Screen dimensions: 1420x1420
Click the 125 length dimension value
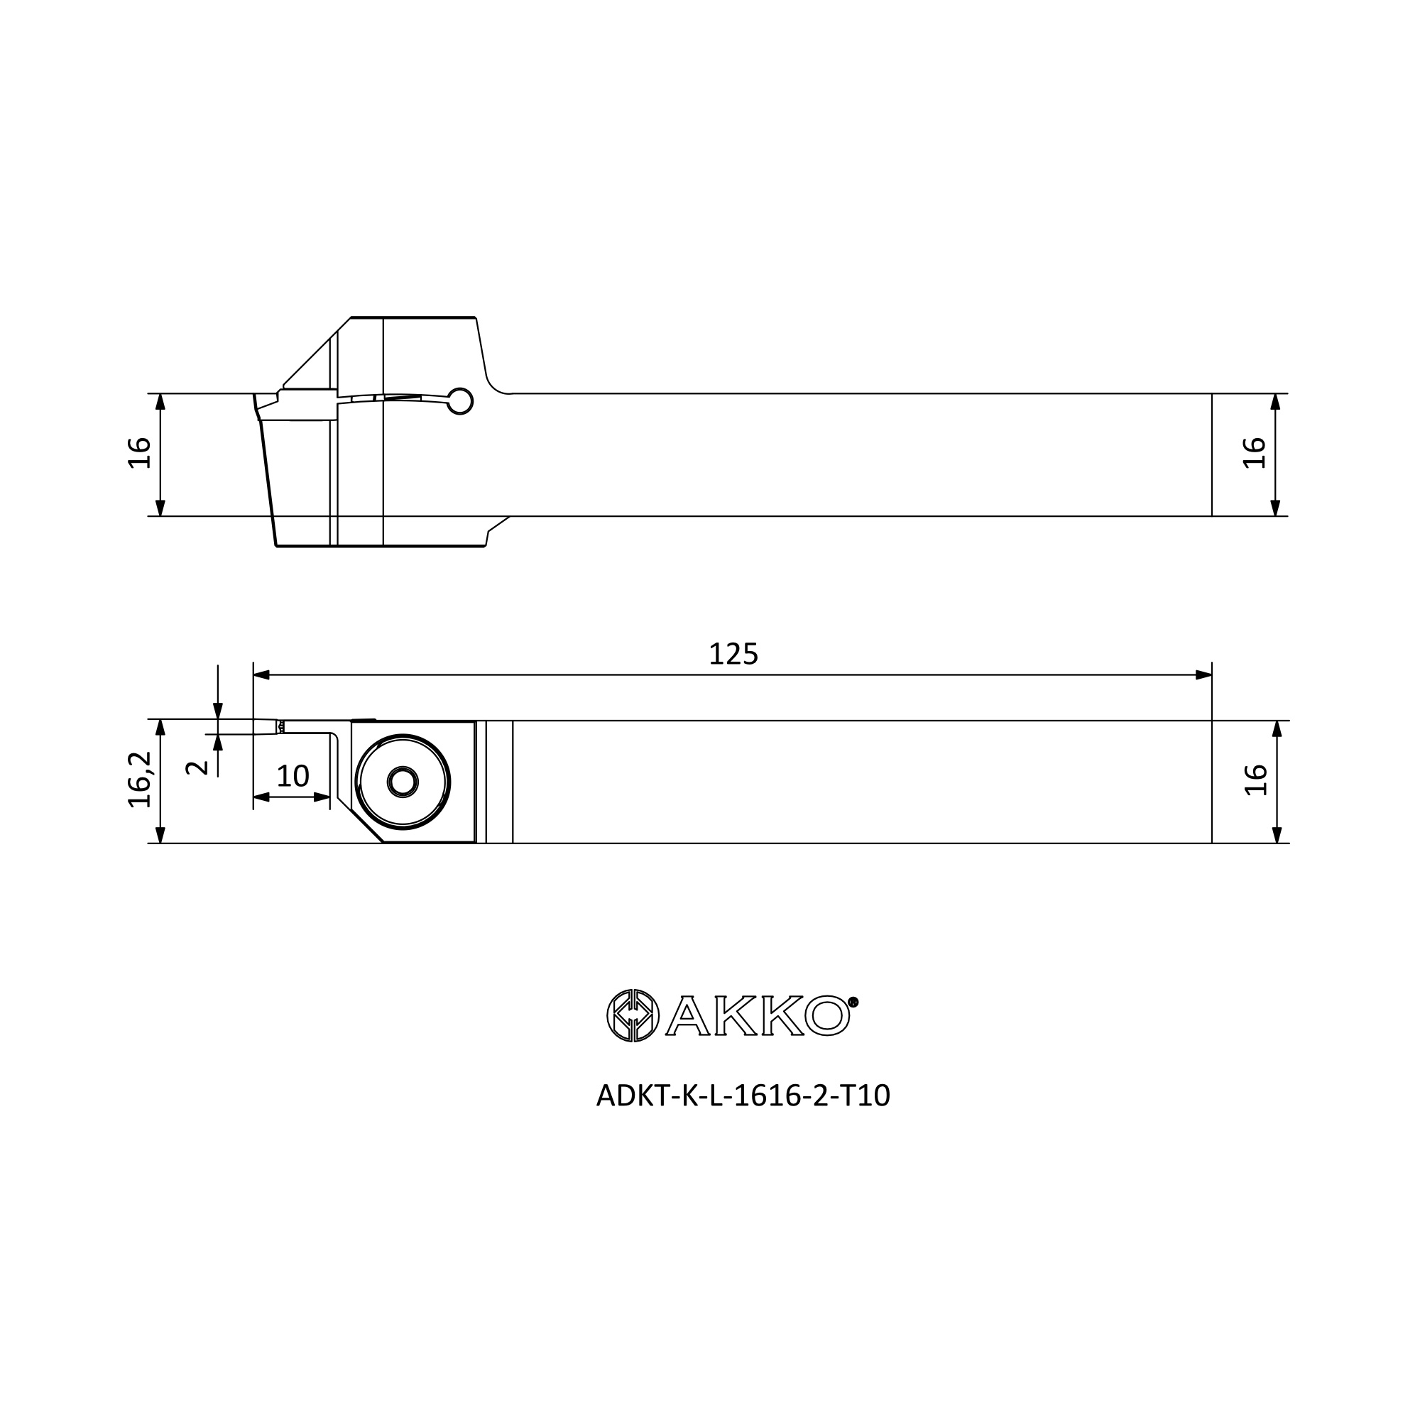point(733,654)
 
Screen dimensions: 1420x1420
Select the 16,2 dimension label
point(140,780)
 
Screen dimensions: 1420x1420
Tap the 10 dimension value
point(293,776)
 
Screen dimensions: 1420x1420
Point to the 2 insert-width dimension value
point(197,768)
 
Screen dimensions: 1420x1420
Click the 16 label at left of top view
point(140,453)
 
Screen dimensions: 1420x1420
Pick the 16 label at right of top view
point(1254,453)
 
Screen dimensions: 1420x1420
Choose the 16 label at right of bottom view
point(1255,780)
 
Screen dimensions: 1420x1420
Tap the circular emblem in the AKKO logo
point(633,1016)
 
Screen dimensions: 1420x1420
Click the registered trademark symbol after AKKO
point(853,1002)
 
